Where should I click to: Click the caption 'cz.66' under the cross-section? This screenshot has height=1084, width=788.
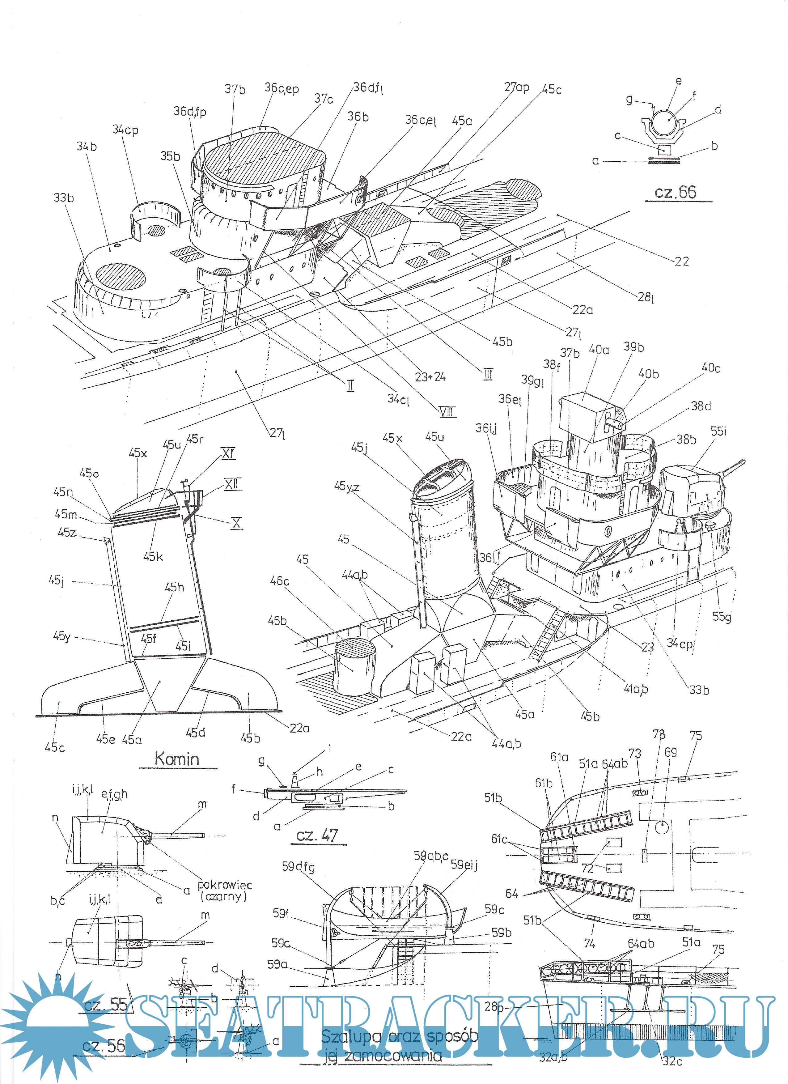(x=675, y=192)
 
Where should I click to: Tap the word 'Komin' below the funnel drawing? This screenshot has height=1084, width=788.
(x=176, y=759)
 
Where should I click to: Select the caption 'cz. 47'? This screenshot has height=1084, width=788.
(x=317, y=835)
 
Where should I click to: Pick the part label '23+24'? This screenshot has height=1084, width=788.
(x=430, y=376)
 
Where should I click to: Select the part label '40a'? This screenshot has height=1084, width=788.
(x=599, y=350)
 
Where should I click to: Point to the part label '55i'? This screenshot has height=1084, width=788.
(x=718, y=431)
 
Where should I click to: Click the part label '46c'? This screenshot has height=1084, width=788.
(x=280, y=581)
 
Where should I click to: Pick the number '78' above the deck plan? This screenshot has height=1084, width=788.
(x=659, y=734)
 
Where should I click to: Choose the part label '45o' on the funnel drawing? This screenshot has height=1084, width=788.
(x=89, y=473)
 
